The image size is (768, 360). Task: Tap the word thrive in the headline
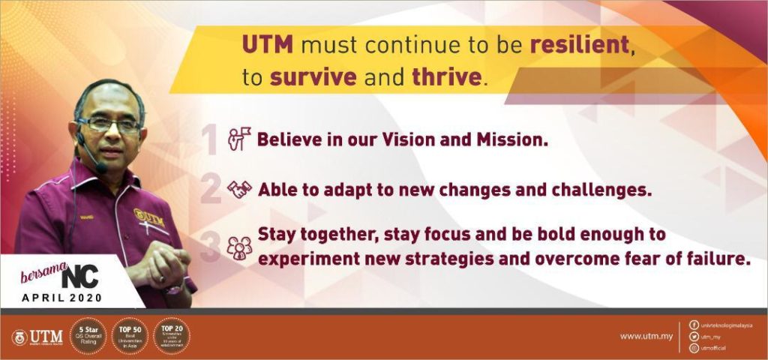point(447,77)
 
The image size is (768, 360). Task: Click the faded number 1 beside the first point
point(211,140)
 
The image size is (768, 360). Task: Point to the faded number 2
point(211,190)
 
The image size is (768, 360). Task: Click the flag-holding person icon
point(239,140)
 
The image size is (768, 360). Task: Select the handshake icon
point(240,190)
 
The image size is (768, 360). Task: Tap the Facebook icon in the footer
point(693,325)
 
